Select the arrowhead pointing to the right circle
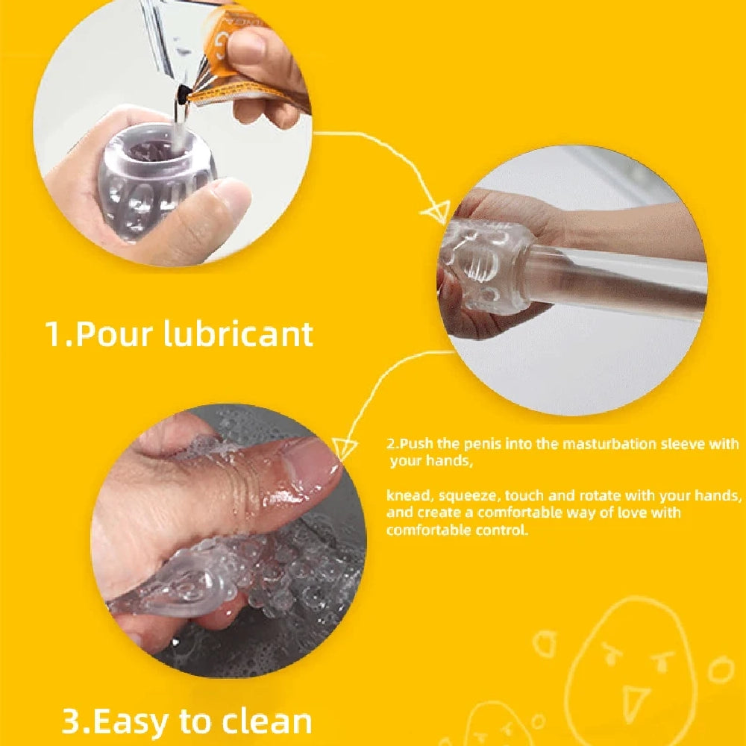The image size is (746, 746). [436, 211]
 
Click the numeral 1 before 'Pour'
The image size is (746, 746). [53, 334]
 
